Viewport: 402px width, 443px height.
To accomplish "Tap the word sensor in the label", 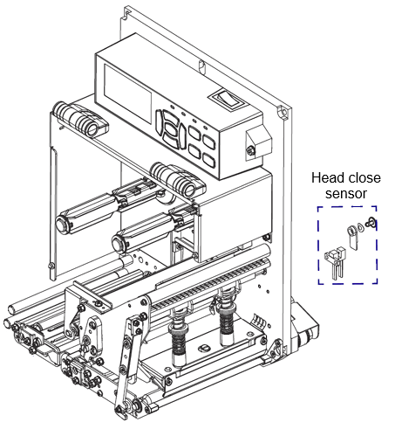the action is pyautogui.click(x=346, y=194).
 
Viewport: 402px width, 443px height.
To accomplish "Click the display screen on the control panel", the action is pyautogui.click(x=127, y=93).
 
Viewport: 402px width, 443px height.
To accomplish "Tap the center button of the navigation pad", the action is pyautogui.click(x=174, y=132).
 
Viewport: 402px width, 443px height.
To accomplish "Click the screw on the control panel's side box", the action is pyautogui.click(x=250, y=150).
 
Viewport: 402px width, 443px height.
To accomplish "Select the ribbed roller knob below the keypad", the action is pyautogui.click(x=178, y=179).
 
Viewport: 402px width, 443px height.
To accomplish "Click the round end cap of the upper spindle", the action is pyautogui.click(x=63, y=225).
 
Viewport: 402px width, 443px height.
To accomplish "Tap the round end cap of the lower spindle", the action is pyautogui.click(x=119, y=243).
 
